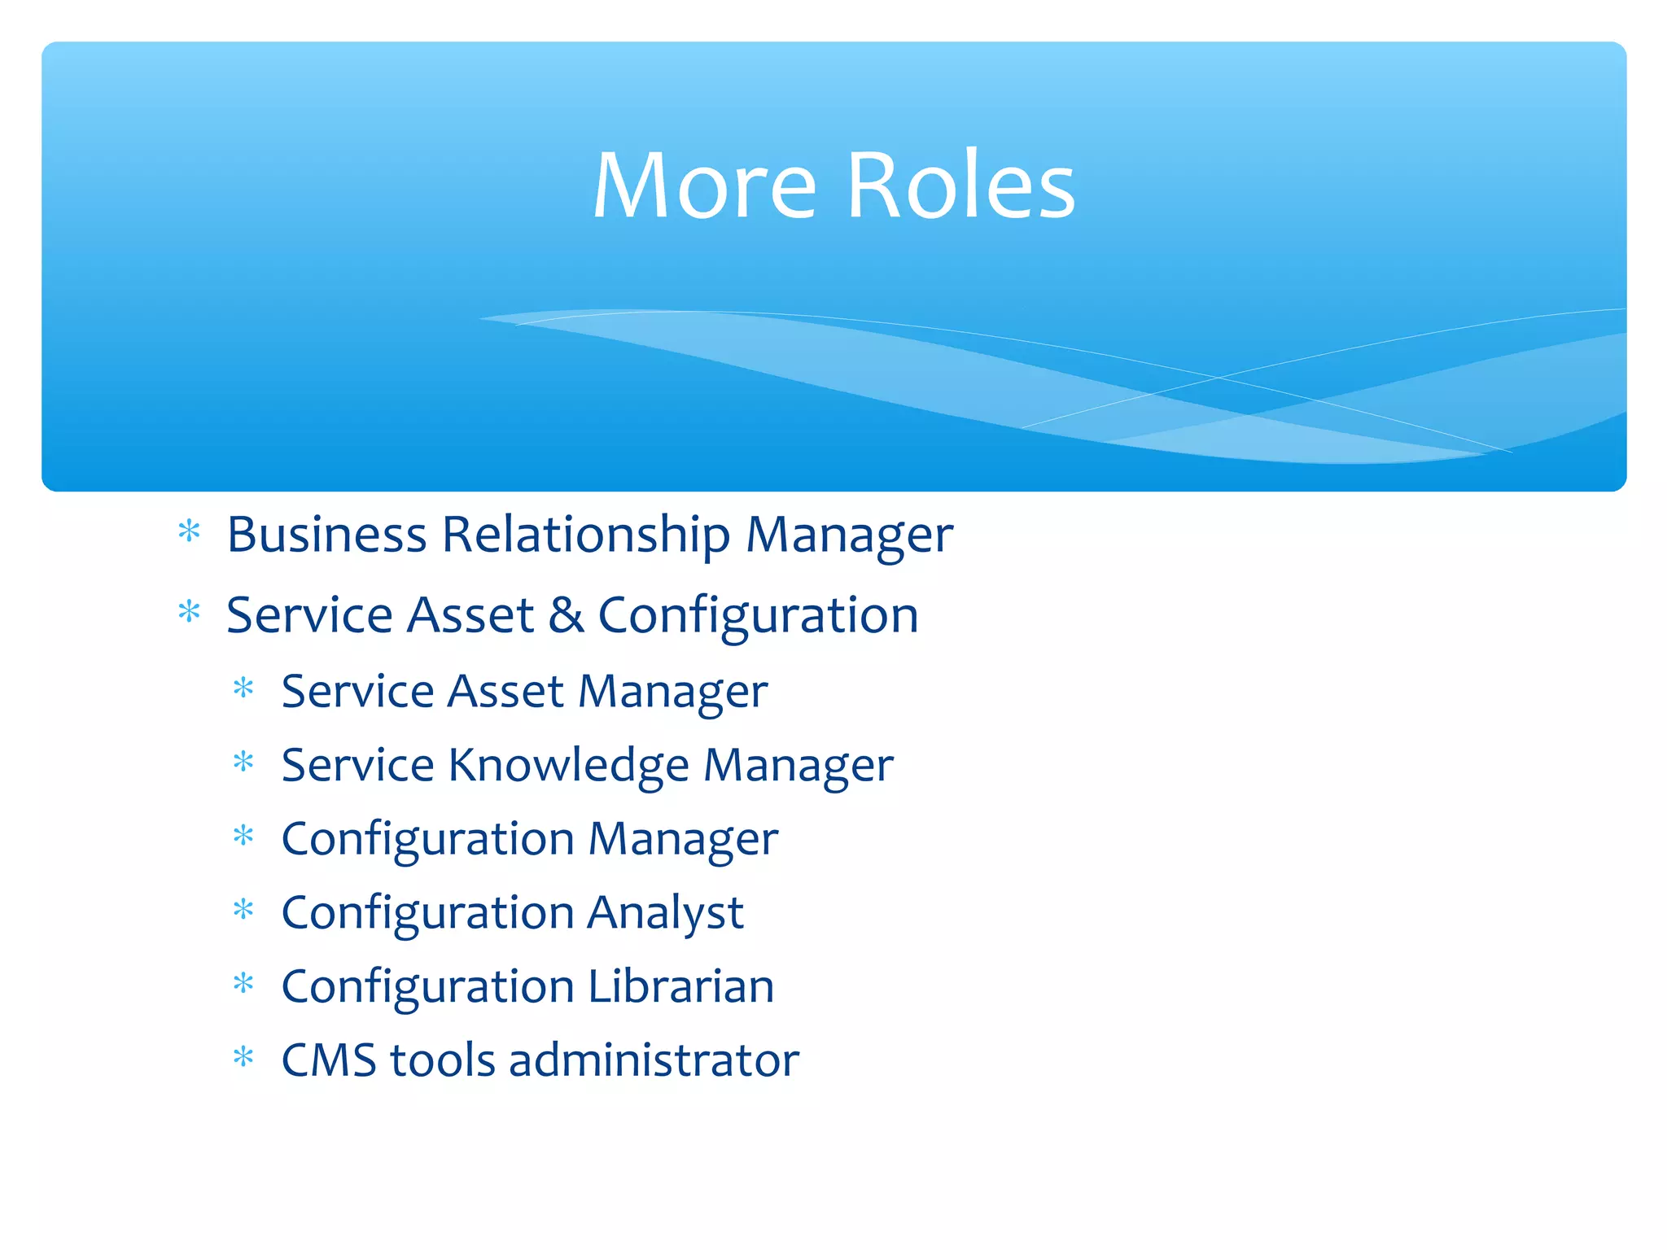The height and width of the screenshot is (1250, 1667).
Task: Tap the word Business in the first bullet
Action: [x=326, y=535]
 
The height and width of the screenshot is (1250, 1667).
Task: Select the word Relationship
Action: [x=586, y=536]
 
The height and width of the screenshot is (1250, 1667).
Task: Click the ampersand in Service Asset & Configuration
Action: [x=566, y=615]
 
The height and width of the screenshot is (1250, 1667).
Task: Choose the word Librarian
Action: [x=680, y=986]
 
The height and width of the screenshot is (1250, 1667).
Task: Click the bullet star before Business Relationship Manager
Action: [x=189, y=532]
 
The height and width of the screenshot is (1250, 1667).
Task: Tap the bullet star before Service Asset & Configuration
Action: [x=189, y=612]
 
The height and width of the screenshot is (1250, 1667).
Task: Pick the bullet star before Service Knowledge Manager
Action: [x=243, y=763]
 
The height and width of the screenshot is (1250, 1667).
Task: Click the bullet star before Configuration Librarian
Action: [x=243, y=984]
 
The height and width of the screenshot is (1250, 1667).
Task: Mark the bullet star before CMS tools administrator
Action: [x=243, y=1058]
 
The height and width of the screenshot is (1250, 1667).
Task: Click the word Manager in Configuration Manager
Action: [x=683, y=840]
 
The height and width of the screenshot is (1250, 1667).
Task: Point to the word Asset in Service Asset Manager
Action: [x=505, y=692]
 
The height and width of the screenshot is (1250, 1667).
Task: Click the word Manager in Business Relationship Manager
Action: [x=849, y=536]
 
